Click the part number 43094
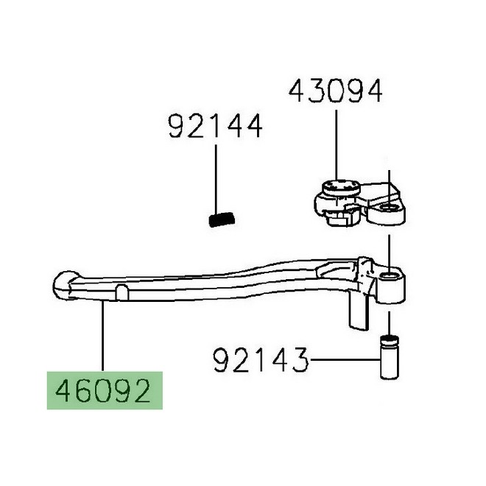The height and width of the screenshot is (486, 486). click(x=335, y=91)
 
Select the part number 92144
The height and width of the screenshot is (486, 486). click(x=215, y=126)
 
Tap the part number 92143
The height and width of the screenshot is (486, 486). click(x=261, y=359)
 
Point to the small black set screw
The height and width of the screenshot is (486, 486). click(x=222, y=219)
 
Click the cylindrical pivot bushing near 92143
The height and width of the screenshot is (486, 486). click(x=389, y=358)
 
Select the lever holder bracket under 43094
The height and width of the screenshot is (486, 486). click(x=359, y=204)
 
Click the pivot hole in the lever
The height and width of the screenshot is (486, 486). click(x=390, y=275)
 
